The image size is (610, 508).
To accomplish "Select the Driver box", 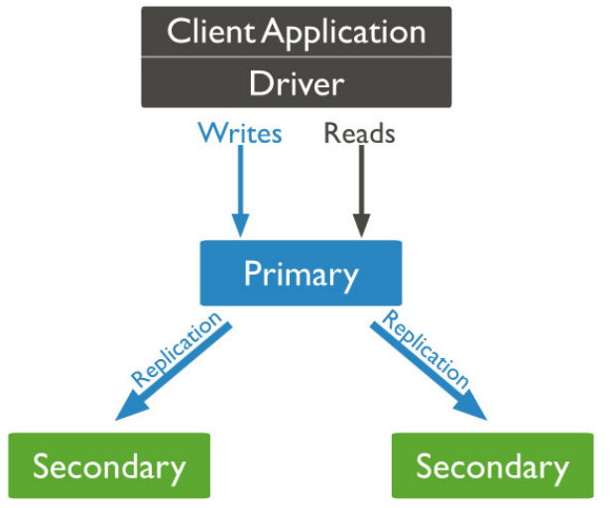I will pyautogui.click(x=297, y=83).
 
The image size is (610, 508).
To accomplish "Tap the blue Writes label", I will pyautogui.click(x=239, y=132).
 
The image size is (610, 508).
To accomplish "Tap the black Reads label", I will pyautogui.click(x=359, y=133).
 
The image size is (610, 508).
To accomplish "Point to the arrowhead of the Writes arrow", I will pyautogui.click(x=239, y=228).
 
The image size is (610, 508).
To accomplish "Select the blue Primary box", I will pyautogui.click(x=301, y=272).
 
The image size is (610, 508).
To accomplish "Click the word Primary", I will pyautogui.click(x=301, y=273).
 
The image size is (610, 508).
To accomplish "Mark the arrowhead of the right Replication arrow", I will pyautogui.click(x=478, y=411).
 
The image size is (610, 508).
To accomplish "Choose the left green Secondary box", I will pyautogui.click(x=109, y=465).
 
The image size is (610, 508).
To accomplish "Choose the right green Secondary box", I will pyautogui.click(x=492, y=465).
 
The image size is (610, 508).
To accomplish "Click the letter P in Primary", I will pyautogui.click(x=253, y=273).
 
